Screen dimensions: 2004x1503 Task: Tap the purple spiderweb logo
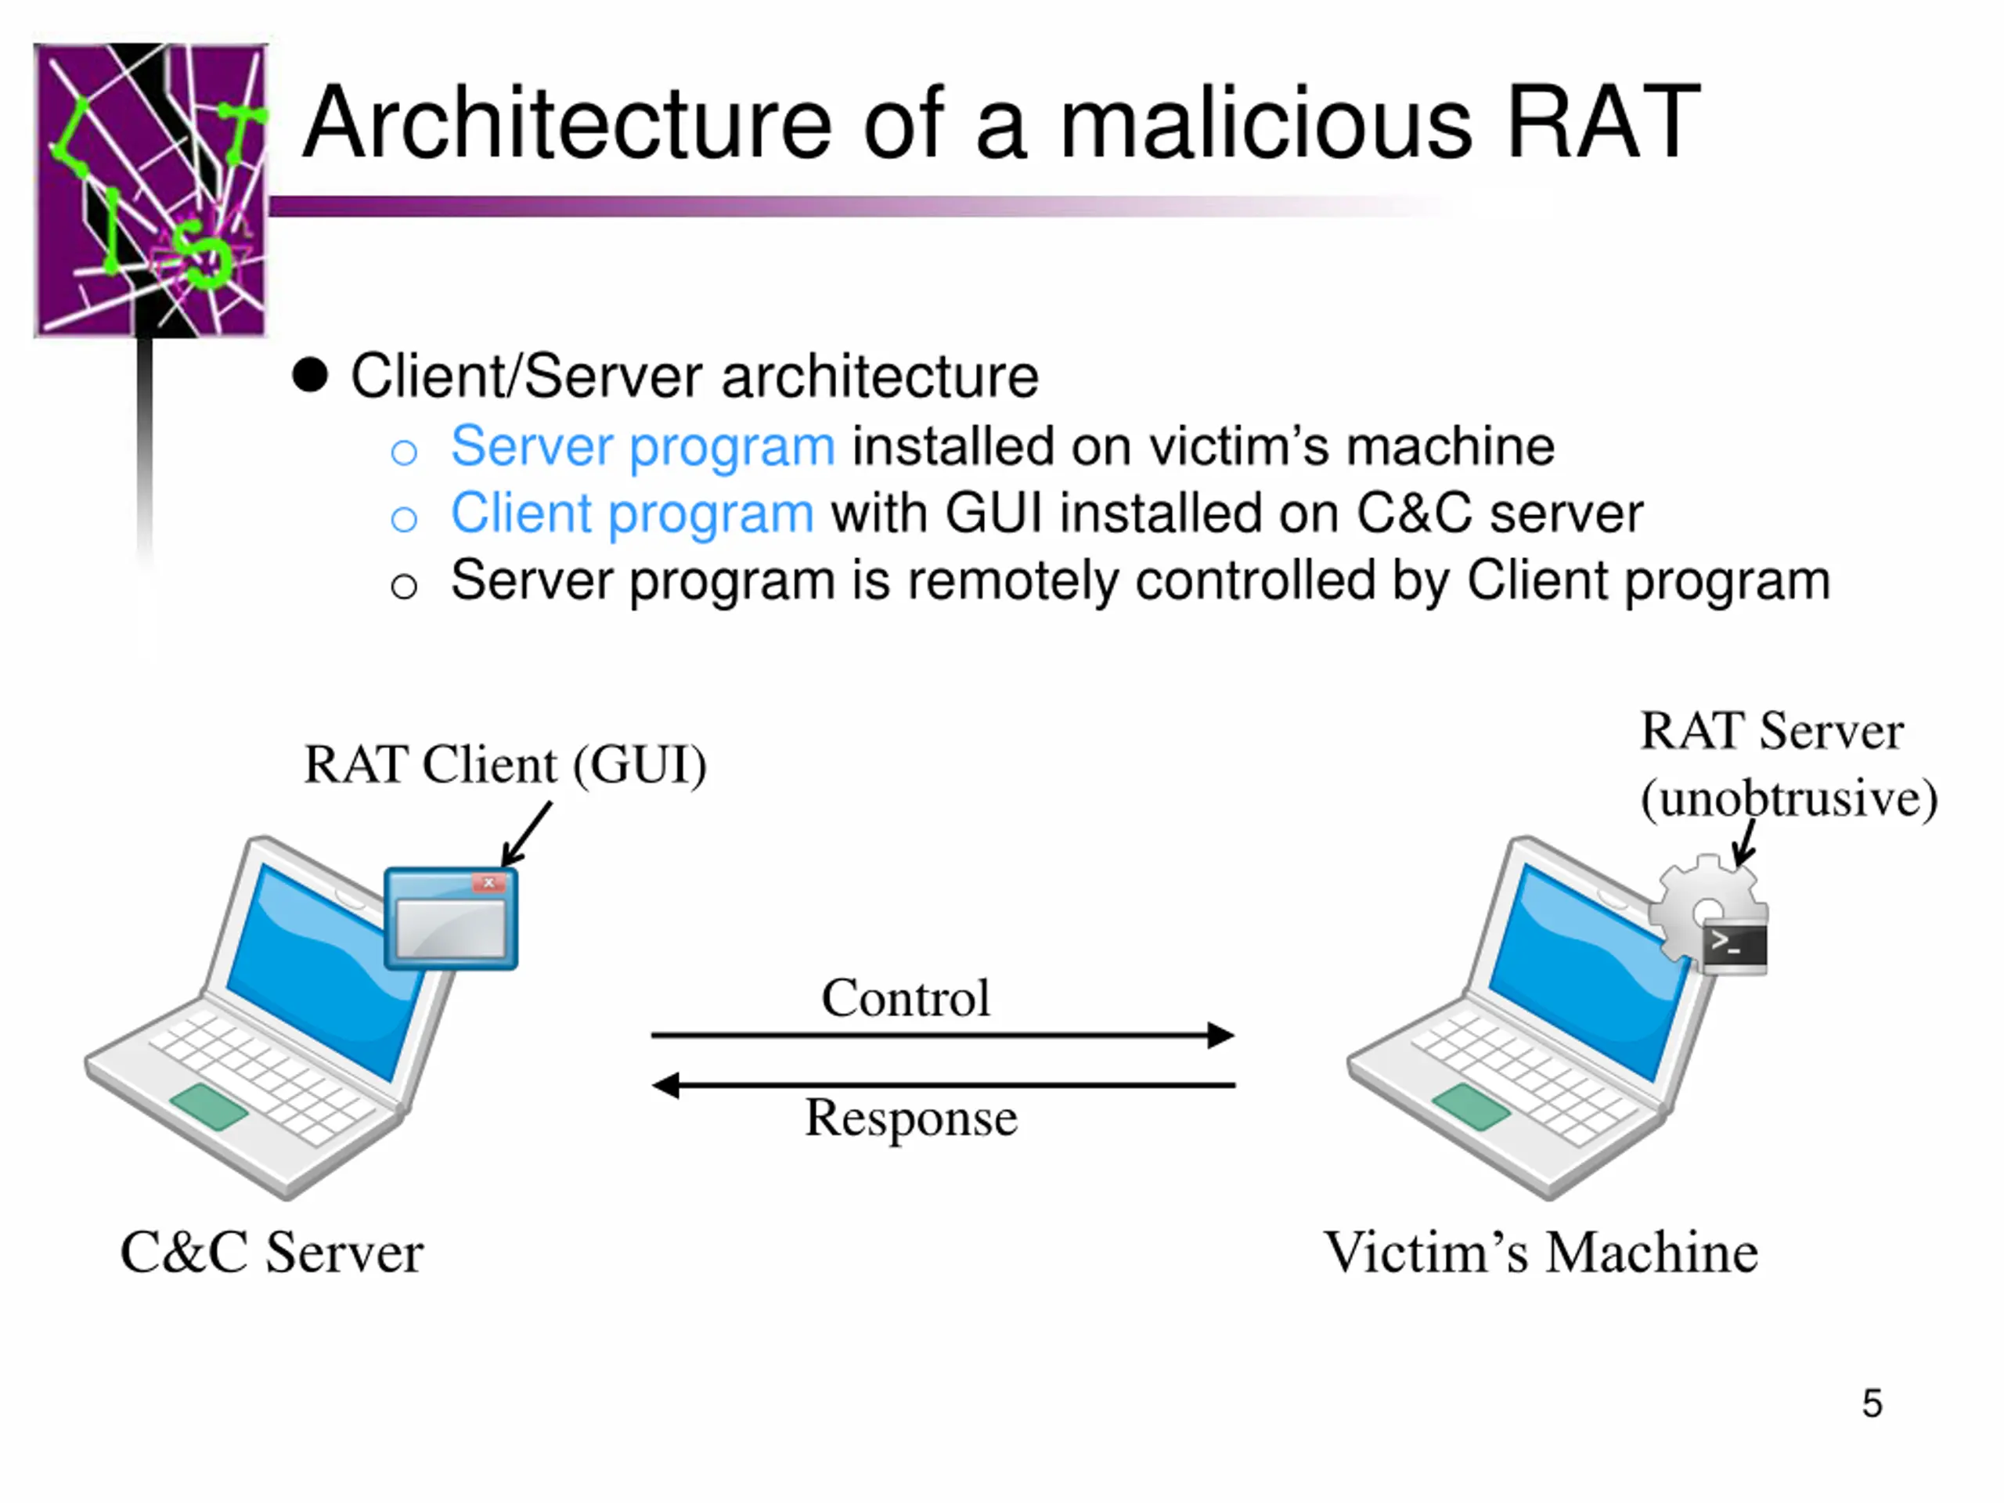pos(150,190)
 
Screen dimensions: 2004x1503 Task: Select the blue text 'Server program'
pos(643,447)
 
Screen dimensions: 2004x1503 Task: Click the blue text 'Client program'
pos(632,514)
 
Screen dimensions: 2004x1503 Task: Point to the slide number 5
pos(1872,1404)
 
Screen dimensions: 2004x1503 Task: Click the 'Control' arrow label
pos(905,998)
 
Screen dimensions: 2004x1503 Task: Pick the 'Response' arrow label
pos(910,1118)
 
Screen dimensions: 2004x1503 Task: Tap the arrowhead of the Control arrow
pos(1221,1035)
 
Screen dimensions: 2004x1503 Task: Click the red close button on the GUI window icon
pos(488,882)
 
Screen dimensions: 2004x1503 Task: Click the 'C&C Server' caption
pos(272,1253)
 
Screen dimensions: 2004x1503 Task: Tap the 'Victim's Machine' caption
pos(1540,1253)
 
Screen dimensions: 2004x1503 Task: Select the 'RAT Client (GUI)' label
pos(505,766)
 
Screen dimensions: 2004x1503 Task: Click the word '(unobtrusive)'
pos(1789,799)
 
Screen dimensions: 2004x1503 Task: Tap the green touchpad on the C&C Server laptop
pos(209,1106)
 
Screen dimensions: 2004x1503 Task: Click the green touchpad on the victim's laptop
pos(1471,1106)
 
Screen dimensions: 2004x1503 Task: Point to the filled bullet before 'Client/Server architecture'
pos(310,375)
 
